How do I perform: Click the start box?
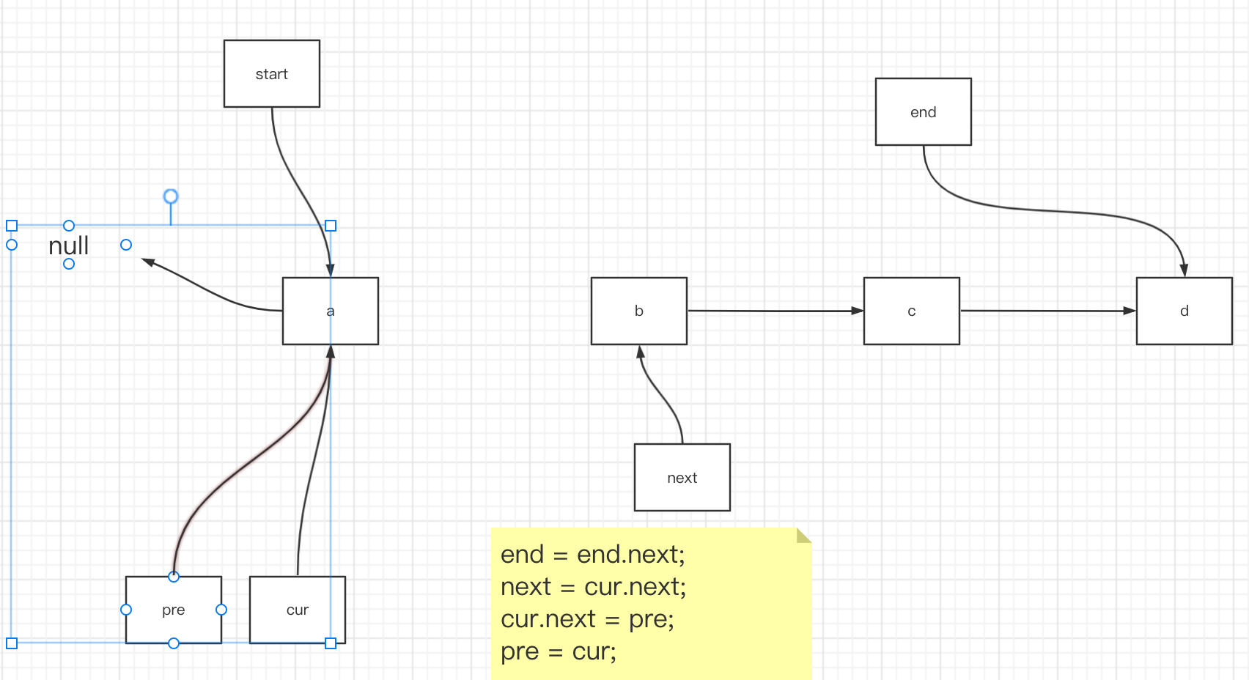pyautogui.click(x=271, y=73)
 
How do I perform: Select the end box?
pyautogui.click(x=924, y=112)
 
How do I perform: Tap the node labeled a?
pyautogui.click(x=331, y=311)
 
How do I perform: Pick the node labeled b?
pyautogui.click(x=639, y=311)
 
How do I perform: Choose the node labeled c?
pyautogui.click(x=912, y=311)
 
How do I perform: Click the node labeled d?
pyautogui.click(x=1184, y=311)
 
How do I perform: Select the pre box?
pyautogui.click(x=174, y=610)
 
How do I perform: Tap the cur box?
pyautogui.click(x=297, y=610)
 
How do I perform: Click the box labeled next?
pyautogui.click(x=682, y=477)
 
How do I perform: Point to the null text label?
pyautogui.click(x=69, y=245)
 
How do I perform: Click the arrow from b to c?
pyautogui.click(x=775, y=311)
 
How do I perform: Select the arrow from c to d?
pyautogui.click(x=1048, y=311)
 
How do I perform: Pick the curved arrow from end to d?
pyautogui.click(x=1048, y=211)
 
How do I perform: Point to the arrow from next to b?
pyautogui.click(x=660, y=395)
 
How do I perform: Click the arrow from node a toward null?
pyautogui.click(x=211, y=290)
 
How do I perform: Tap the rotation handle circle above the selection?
pyautogui.click(x=171, y=196)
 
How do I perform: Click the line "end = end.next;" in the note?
pyautogui.click(x=593, y=555)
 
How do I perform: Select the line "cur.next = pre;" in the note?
pyautogui.click(x=587, y=619)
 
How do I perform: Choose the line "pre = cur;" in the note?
pyautogui.click(x=558, y=651)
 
